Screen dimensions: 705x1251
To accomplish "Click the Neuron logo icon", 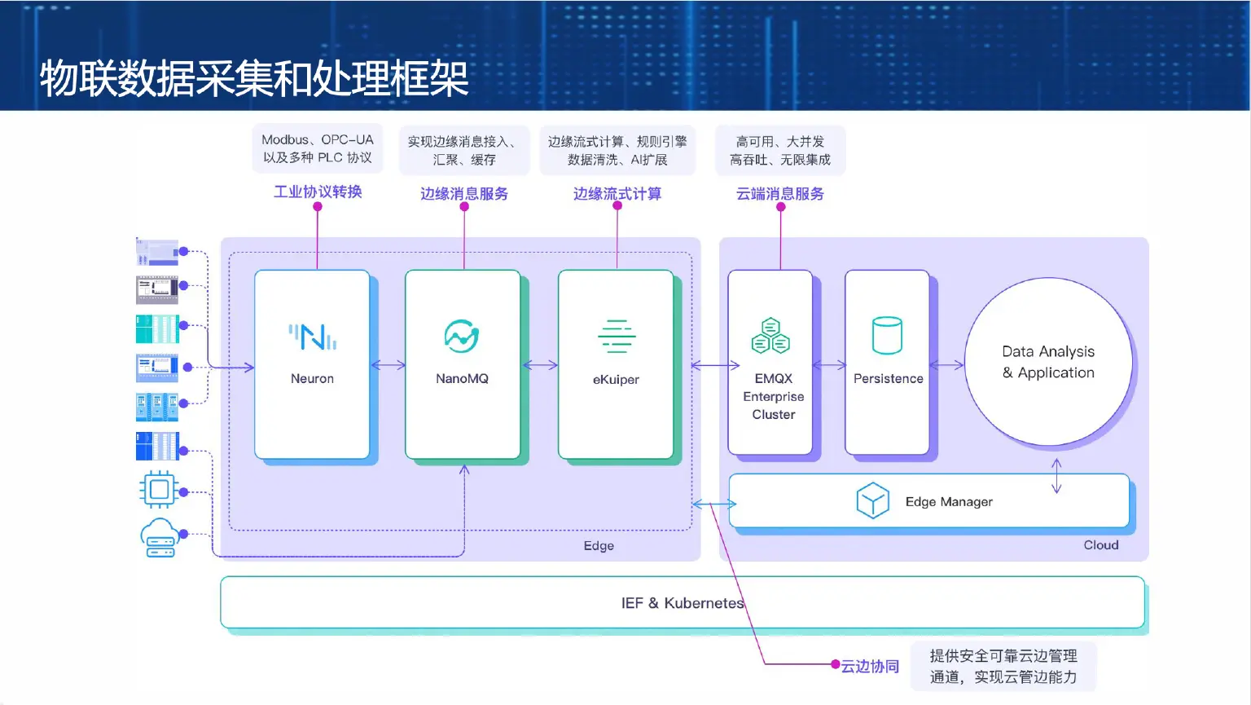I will pyautogui.click(x=313, y=337).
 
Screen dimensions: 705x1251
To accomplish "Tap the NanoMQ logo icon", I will pyautogui.click(x=462, y=336).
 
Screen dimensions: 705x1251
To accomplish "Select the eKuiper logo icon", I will pyautogui.click(x=617, y=337).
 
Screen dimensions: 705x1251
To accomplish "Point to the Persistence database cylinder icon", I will pyautogui.click(x=887, y=336).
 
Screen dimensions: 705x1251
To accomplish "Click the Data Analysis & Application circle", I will pyautogui.click(x=1048, y=362).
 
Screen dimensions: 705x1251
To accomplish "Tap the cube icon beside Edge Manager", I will pyautogui.click(x=872, y=500).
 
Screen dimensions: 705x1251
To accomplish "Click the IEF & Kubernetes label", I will pyautogui.click(x=683, y=603).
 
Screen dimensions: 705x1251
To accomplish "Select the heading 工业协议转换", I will pyautogui.click(x=318, y=192).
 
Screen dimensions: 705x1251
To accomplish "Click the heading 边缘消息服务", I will pyautogui.click(x=464, y=194).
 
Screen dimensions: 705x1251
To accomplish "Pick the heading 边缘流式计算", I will pyautogui.click(x=617, y=194).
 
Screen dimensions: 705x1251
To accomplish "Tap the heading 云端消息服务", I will pyautogui.click(x=780, y=194).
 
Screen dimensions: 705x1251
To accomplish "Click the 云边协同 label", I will pyautogui.click(x=870, y=667).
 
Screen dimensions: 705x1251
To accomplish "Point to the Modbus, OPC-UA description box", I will pyautogui.click(x=318, y=149).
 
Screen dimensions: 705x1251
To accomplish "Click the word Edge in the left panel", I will pyautogui.click(x=599, y=546).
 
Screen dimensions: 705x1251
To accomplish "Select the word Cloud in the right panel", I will pyautogui.click(x=1101, y=545).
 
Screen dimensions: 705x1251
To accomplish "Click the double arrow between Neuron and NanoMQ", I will pyautogui.click(x=388, y=365).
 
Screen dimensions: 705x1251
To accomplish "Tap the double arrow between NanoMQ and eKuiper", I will pyautogui.click(x=540, y=365).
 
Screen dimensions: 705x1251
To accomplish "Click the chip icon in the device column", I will pyautogui.click(x=159, y=489).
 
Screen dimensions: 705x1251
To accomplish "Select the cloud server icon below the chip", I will pyautogui.click(x=159, y=537).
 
